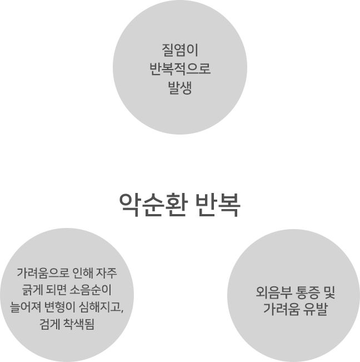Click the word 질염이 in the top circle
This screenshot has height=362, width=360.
coord(180,50)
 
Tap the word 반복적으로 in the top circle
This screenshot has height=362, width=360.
coord(180,69)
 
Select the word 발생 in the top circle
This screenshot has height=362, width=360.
coord(180,87)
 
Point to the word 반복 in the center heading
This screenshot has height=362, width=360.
coord(218,205)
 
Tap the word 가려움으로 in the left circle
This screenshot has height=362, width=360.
coord(43,273)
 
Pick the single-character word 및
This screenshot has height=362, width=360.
coord(329,292)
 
